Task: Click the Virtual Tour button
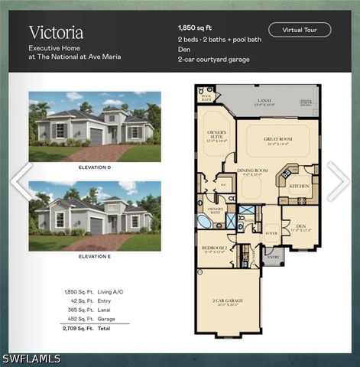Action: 300,30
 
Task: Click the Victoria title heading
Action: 56,32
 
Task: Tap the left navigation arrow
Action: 21,181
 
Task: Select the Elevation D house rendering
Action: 95,126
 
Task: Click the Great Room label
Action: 278,138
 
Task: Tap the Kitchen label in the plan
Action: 299,186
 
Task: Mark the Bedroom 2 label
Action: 215,249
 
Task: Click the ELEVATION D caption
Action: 95,166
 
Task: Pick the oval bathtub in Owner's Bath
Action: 206,222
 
